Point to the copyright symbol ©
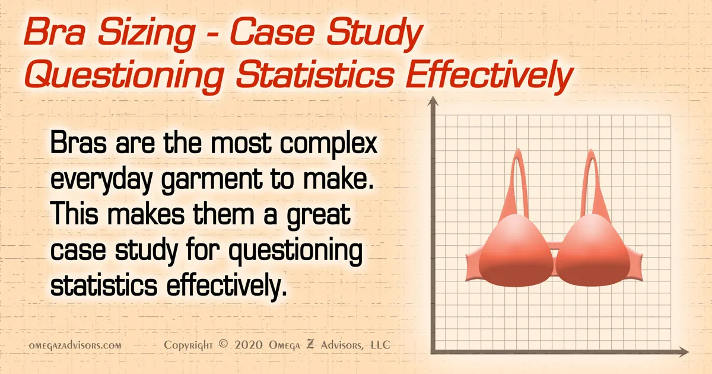223,345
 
